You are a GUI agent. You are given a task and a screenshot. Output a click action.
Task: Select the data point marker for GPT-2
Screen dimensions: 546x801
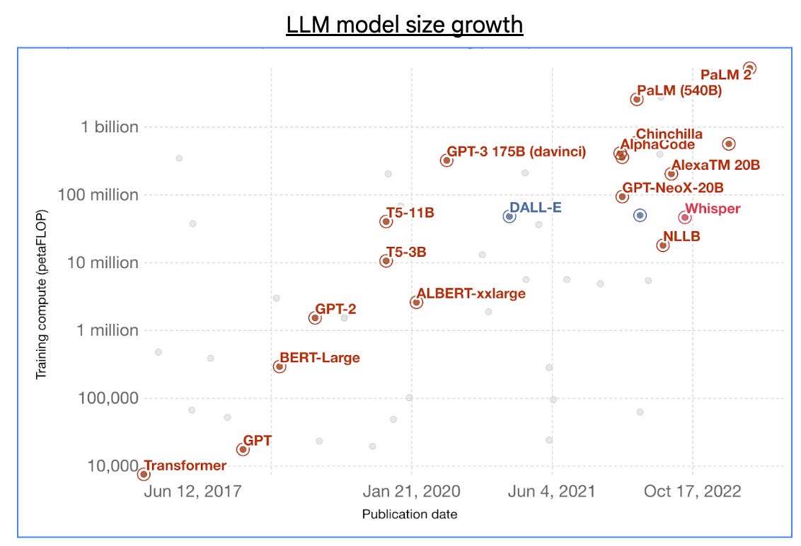(x=315, y=318)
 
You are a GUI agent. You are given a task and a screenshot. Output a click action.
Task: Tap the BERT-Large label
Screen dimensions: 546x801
(x=319, y=358)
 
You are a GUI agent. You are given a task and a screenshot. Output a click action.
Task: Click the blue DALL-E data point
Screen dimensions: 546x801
(x=509, y=216)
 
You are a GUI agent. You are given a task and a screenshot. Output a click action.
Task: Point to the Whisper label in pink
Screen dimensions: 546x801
(x=713, y=209)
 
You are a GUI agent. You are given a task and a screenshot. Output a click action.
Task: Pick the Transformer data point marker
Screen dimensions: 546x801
(x=144, y=474)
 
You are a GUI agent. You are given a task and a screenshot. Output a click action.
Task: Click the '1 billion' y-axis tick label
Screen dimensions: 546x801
(x=110, y=127)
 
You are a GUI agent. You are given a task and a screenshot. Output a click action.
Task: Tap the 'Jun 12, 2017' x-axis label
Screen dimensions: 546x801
(x=192, y=492)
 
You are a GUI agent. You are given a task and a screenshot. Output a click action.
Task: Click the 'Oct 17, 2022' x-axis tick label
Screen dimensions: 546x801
(x=692, y=492)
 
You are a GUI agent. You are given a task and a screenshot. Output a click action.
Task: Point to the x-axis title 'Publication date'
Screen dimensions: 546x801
(x=410, y=514)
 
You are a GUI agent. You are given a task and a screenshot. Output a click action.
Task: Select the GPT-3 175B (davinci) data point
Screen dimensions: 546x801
(x=446, y=161)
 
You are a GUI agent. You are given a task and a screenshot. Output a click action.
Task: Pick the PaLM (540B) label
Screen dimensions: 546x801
(x=679, y=91)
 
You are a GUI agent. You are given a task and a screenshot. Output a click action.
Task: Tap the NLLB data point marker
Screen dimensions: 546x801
(x=663, y=245)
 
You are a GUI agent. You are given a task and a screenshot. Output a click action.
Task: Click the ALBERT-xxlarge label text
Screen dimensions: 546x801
(x=471, y=294)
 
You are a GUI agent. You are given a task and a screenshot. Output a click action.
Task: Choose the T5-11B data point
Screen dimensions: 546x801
(x=386, y=221)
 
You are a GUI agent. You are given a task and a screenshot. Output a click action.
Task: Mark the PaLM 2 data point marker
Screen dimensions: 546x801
(x=750, y=68)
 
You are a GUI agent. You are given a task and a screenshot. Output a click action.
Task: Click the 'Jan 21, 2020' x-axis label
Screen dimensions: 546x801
(x=411, y=492)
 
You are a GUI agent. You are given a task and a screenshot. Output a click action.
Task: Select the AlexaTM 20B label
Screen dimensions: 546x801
(x=715, y=165)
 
